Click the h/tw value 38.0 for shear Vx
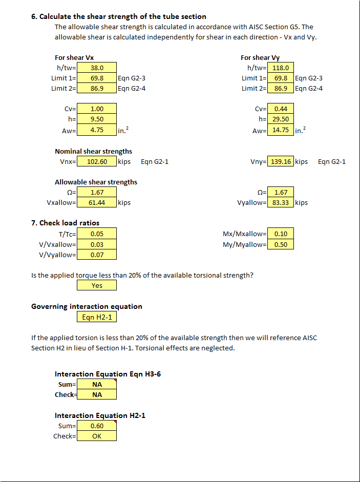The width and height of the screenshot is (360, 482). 97,68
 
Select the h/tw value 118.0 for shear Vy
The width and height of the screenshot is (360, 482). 281,68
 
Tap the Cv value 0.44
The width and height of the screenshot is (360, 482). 281,109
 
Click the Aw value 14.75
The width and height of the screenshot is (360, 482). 281,130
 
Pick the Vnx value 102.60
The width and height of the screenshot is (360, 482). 97,161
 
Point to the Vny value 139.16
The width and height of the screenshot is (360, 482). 281,161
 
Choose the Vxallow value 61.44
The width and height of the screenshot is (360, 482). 97,202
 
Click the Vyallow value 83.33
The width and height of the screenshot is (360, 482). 281,202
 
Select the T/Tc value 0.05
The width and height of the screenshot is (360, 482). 97,234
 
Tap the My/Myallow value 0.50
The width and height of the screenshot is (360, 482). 281,244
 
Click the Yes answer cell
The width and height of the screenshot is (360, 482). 97,285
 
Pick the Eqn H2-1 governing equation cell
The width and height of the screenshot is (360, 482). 97,317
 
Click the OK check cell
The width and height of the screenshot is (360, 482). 97,436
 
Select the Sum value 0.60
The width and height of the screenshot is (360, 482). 97,426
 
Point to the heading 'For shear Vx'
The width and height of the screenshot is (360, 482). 74,57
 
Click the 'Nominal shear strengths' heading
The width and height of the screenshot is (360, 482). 93,151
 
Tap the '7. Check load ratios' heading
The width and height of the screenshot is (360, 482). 66,223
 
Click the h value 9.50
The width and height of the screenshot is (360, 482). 97,119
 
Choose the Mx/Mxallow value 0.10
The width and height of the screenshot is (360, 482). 281,234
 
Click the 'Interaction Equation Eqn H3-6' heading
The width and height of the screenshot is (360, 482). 108,374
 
